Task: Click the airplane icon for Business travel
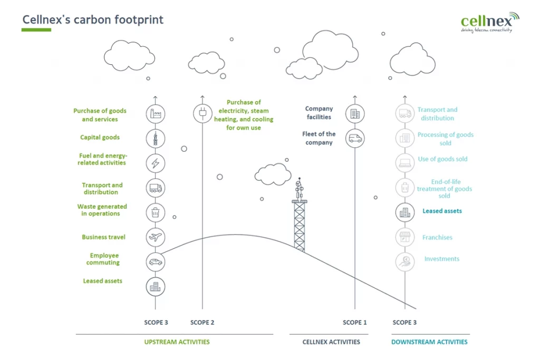point(156,237)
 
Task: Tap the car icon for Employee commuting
point(156,261)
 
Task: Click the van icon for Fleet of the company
point(355,139)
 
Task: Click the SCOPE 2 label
point(202,323)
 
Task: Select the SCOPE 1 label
point(355,323)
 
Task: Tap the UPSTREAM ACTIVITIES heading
point(177,342)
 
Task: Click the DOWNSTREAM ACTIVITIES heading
point(429,342)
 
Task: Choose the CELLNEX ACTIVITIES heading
point(331,342)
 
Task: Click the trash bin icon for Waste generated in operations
point(156,213)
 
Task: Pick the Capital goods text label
point(100,138)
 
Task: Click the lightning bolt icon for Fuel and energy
point(156,163)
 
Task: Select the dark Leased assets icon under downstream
point(405,212)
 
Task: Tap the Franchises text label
point(437,238)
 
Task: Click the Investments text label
point(441,259)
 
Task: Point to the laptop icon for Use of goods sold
point(405,163)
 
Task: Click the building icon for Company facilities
point(355,113)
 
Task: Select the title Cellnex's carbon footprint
point(93,20)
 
